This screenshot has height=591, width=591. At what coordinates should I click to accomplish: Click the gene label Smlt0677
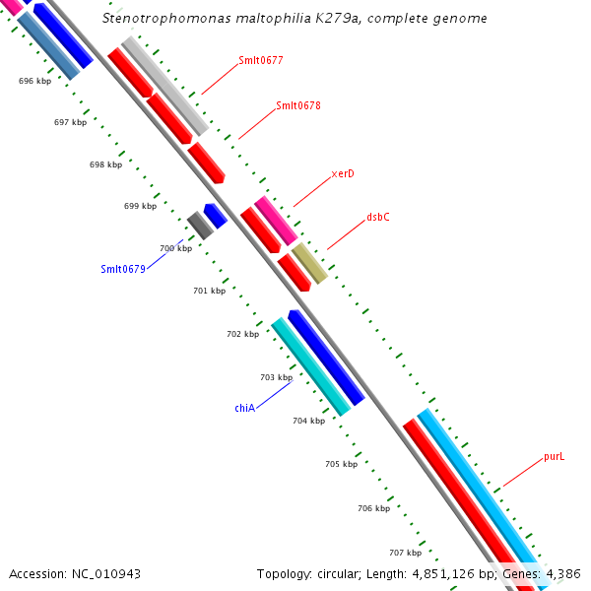pyautogui.click(x=261, y=60)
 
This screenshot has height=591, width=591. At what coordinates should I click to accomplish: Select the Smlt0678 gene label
pyautogui.click(x=298, y=105)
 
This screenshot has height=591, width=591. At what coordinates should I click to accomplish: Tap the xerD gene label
pyautogui.click(x=343, y=173)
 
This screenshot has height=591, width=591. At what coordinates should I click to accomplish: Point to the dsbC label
pyautogui.click(x=378, y=217)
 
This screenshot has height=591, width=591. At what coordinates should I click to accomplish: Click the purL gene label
pyautogui.click(x=555, y=457)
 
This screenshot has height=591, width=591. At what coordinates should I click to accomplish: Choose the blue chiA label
pyautogui.click(x=245, y=407)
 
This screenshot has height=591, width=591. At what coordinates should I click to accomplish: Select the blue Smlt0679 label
pyautogui.click(x=123, y=269)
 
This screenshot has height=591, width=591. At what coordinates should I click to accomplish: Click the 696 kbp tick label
pyautogui.click(x=34, y=81)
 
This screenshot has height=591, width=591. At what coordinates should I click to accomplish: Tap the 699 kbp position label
pyautogui.click(x=140, y=206)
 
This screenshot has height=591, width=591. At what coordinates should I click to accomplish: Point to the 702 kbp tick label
pyautogui.click(x=242, y=334)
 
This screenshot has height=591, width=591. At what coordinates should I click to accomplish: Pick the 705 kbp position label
pyautogui.click(x=341, y=463)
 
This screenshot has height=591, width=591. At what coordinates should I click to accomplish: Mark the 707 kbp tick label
pyautogui.click(x=405, y=553)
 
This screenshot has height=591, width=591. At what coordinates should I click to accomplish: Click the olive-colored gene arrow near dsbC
pyautogui.click(x=309, y=260)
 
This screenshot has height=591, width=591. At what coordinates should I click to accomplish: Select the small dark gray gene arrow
pyautogui.click(x=200, y=226)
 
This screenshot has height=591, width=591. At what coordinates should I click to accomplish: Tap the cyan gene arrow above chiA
pyautogui.click(x=310, y=366)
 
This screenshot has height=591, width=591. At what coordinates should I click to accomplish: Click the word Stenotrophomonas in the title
pyautogui.click(x=163, y=19)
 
